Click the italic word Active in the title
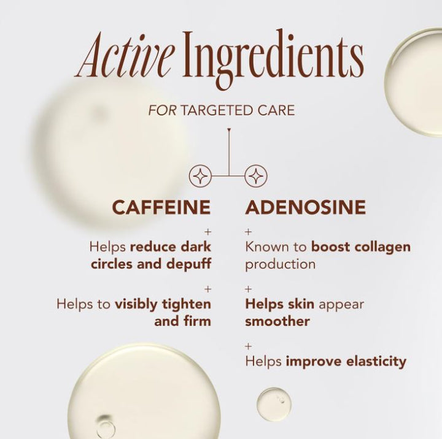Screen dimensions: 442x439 [125, 55]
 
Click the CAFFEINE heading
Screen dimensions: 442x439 [161, 207]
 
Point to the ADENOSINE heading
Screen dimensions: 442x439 [305, 207]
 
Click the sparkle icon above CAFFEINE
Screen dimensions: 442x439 [200, 176]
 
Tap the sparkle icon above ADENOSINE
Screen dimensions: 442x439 [255, 176]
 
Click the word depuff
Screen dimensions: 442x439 [188, 264]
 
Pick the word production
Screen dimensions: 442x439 [280, 265]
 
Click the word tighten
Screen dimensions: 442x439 [187, 305]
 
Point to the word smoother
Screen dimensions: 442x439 [277, 321]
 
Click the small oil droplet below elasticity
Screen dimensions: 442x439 [274, 404]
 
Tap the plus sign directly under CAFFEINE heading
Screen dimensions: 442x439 [207, 232]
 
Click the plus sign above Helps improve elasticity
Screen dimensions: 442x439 [248, 346]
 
